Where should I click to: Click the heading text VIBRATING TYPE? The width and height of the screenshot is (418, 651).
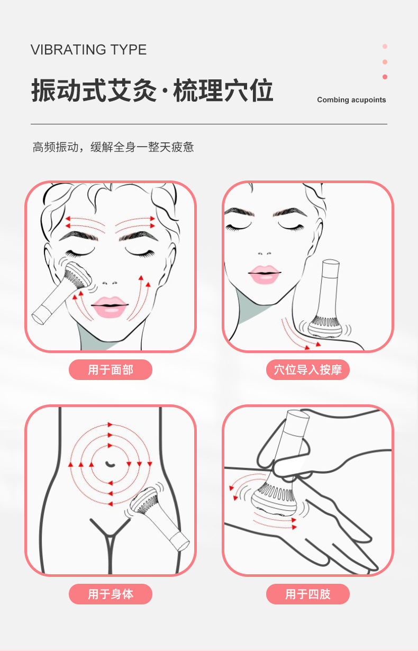point(88,50)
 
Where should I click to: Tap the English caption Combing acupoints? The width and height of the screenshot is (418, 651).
point(351,100)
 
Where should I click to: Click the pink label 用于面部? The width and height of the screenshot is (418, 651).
point(111,369)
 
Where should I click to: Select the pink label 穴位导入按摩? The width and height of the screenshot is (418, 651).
point(308,369)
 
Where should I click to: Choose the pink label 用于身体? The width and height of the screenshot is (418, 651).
point(111,594)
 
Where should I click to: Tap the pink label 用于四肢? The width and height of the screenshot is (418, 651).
point(308,594)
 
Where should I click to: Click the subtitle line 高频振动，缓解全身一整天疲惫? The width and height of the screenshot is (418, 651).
point(113,147)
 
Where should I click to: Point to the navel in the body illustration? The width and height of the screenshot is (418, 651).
point(110,464)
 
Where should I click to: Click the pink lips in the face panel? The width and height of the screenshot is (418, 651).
point(110,306)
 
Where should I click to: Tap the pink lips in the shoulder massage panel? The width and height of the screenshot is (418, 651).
point(265,274)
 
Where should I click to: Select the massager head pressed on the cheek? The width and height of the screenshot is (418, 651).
point(78,275)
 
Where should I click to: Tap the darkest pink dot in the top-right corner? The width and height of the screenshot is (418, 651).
point(385,77)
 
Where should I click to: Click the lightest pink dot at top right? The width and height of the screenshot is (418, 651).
point(385,47)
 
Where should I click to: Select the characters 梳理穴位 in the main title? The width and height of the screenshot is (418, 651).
point(223,91)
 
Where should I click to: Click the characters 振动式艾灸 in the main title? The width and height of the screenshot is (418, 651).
point(94,91)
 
